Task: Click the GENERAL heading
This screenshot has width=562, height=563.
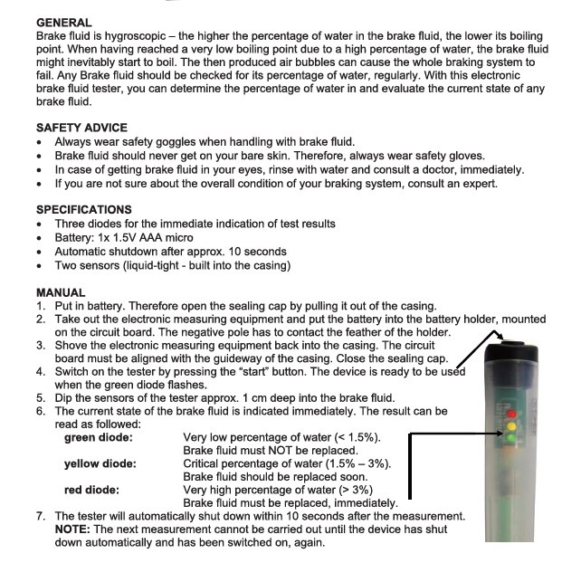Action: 64,23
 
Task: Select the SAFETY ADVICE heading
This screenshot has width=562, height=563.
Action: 81,128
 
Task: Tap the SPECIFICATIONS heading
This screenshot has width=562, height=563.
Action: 84,209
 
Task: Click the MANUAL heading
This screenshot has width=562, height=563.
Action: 61,292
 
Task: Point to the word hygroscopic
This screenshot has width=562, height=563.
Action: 135,36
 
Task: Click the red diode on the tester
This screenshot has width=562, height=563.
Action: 511,414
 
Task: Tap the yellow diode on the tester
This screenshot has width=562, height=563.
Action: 511,426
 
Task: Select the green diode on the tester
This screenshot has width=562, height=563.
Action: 510,438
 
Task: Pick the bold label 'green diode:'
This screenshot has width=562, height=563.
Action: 99,437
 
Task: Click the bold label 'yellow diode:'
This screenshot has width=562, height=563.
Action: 100,463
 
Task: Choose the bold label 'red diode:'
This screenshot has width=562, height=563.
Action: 91,490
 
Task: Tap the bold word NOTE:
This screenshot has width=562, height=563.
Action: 72,530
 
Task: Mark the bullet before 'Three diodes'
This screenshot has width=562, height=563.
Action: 39,224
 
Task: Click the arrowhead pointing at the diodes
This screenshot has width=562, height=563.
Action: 500,434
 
